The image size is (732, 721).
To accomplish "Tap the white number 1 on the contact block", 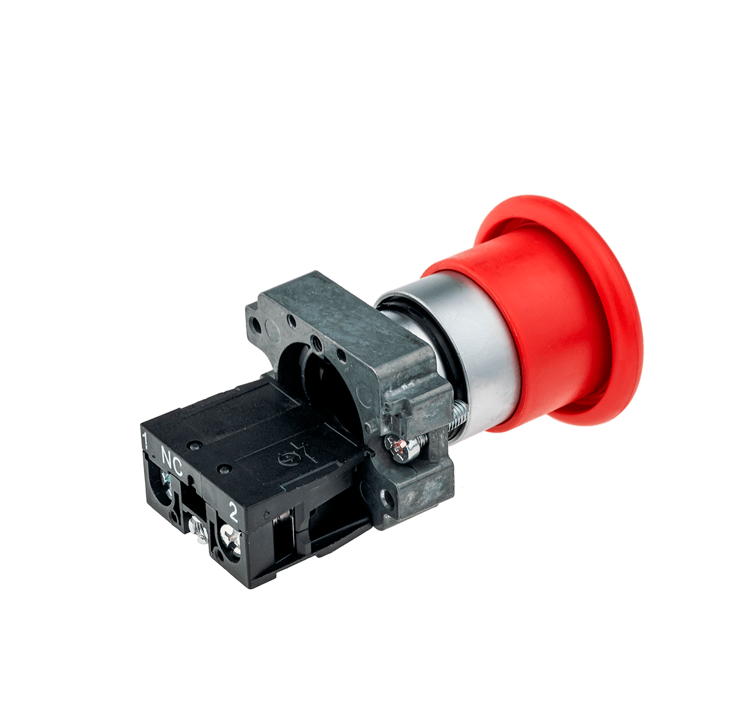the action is click(145, 441).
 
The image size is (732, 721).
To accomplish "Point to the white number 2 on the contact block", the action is click(233, 511).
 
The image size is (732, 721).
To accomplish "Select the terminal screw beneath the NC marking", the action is click(166, 483).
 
